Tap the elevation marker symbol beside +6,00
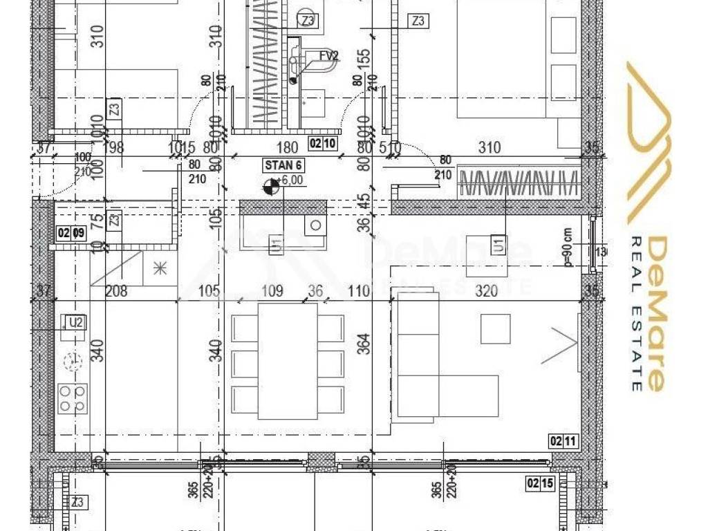tap(271, 185)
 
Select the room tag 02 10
tap(322, 144)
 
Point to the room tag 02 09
tap(70, 233)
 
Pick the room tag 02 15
tap(540, 483)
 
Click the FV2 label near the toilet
tap(328, 56)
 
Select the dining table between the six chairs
tap(288, 361)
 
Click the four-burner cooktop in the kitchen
tap(73, 398)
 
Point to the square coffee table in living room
tap(495, 328)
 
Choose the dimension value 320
tap(487, 291)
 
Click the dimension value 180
tap(287, 147)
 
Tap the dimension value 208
tap(115, 291)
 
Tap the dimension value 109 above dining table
tap(273, 291)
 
